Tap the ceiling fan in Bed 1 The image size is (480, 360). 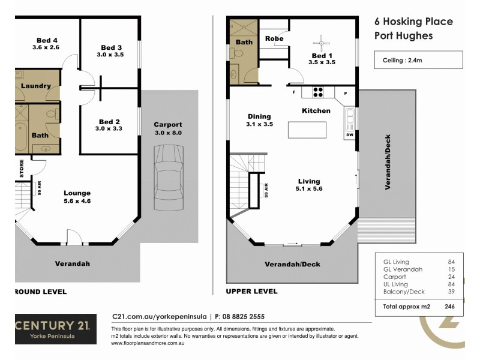tap(322, 43)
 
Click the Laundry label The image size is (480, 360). tap(35, 86)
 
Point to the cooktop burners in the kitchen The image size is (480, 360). tap(318, 92)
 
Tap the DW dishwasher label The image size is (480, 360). tap(349, 135)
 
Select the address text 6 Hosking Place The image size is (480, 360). tap(413, 22)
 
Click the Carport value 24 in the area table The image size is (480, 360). tap(451, 277)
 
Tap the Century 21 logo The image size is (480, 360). tap(55, 329)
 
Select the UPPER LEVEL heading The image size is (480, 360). tap(251, 292)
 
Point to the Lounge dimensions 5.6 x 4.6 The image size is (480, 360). tap(77, 202)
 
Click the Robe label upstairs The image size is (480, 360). tap(274, 38)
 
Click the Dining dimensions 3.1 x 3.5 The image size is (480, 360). tap(259, 125)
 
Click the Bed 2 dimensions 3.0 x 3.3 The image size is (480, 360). tap(109, 129)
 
